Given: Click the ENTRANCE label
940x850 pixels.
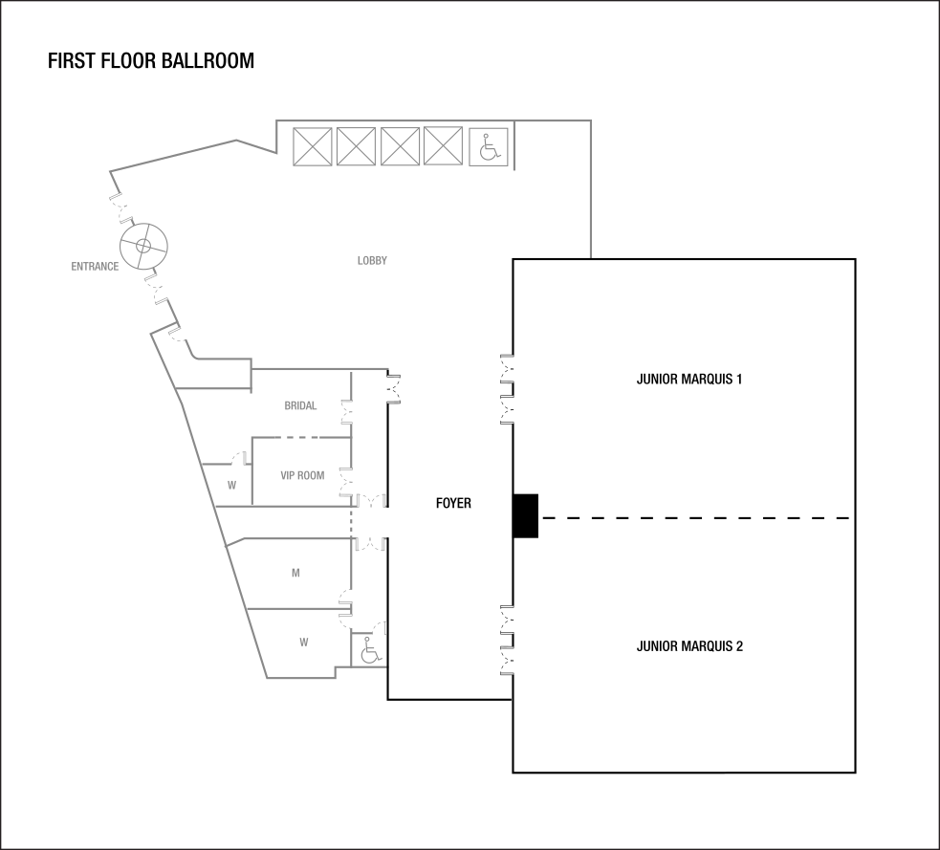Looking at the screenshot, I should [95, 267].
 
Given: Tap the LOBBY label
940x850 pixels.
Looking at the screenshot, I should [372, 261].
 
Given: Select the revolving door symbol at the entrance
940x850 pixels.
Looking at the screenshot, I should [143, 246].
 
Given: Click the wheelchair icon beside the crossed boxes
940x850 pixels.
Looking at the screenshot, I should [488, 147].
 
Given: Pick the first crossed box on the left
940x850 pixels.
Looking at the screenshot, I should [312, 147].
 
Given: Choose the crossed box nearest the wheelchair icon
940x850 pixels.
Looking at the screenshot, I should [443, 147].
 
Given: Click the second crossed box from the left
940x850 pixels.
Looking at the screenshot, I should [356, 147].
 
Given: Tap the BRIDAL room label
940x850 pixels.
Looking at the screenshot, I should [300, 406].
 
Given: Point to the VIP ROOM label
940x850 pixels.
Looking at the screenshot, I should [301, 475].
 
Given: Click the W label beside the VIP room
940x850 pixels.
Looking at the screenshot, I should [231, 486].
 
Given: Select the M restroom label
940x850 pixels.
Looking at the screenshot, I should [295, 574].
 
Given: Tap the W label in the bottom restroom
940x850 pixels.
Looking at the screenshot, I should [303, 643].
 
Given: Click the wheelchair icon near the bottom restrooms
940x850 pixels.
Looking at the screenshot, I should [369, 651].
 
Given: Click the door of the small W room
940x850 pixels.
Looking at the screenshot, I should [238, 458].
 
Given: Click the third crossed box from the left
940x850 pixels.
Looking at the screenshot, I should [400, 147].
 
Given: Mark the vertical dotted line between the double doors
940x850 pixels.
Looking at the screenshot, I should [352, 522].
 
